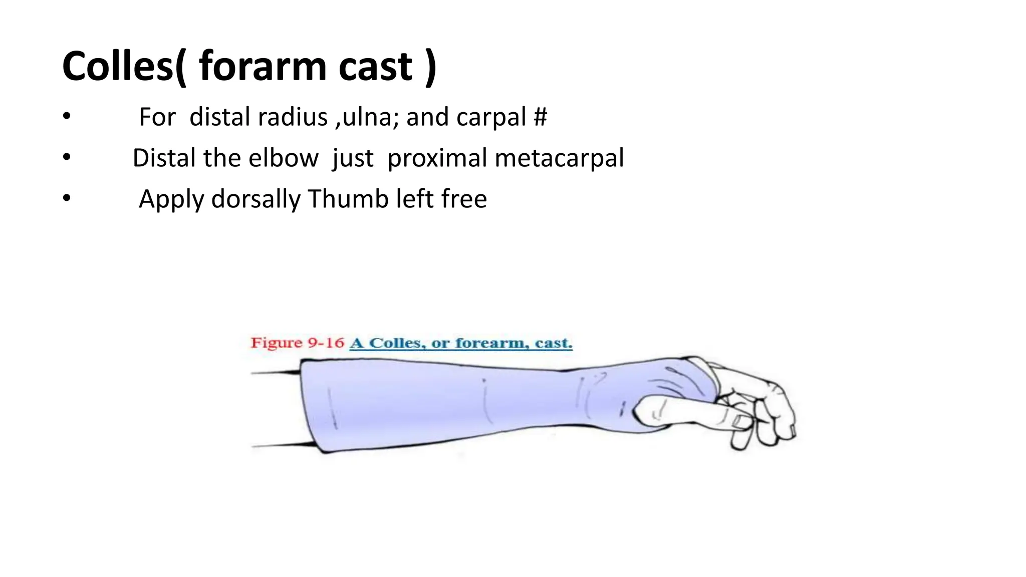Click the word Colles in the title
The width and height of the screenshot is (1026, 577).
118,67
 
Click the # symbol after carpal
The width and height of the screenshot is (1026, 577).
540,117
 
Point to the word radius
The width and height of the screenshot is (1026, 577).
293,117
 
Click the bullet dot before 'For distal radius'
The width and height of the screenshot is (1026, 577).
67,117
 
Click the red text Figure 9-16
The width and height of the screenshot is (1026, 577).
297,343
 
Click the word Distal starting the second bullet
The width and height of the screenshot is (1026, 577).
164,158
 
